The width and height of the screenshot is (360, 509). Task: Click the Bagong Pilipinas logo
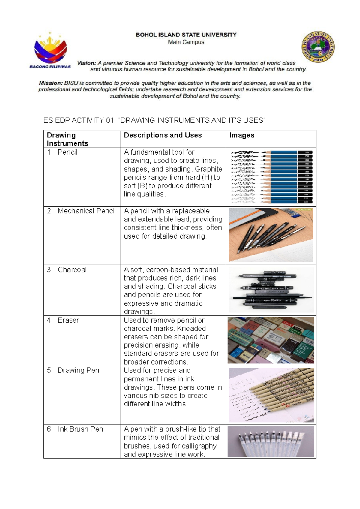pyautogui.click(x=50, y=50)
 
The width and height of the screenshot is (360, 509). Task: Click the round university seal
pyautogui.click(x=318, y=47)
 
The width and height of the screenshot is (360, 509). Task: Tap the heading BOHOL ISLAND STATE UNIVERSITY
pyautogui.click(x=186, y=35)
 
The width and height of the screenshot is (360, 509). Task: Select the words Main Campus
pyautogui.click(x=186, y=42)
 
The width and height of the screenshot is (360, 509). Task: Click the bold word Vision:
pyautogui.click(x=87, y=63)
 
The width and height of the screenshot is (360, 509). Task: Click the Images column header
pyautogui.click(x=242, y=135)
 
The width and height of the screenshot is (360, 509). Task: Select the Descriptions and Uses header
pyautogui.click(x=163, y=135)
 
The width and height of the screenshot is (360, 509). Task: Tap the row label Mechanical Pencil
pyautogui.click(x=86, y=211)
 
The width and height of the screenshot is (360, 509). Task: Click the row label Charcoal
pyautogui.click(x=72, y=270)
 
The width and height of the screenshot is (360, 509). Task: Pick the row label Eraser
pyautogui.click(x=68, y=320)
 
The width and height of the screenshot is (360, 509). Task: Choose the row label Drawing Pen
pyautogui.click(x=78, y=370)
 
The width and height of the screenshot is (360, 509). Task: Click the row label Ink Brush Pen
pyautogui.click(x=80, y=429)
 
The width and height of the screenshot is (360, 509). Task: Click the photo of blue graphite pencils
pyautogui.click(x=271, y=177)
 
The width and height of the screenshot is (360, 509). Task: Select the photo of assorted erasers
pyautogui.click(x=271, y=340)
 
